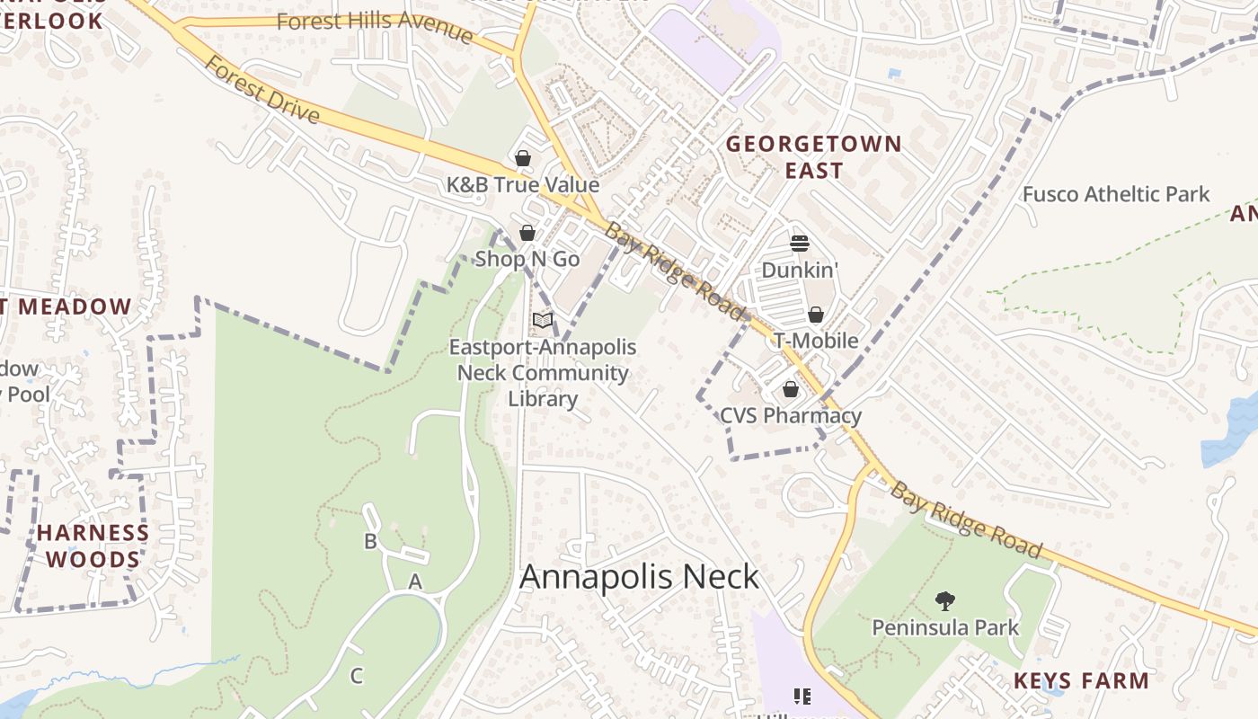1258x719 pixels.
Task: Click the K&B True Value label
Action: tap(523, 185)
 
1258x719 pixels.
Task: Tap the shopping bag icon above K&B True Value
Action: tap(523, 159)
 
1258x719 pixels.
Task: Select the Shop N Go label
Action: tap(527, 259)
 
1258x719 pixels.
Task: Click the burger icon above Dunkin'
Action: tap(800, 244)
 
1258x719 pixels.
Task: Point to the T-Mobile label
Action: tap(816, 341)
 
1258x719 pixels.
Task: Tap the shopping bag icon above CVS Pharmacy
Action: tap(791, 389)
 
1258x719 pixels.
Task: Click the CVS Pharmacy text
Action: tap(791, 415)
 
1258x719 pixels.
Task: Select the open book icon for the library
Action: tap(543, 321)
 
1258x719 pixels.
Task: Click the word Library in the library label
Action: tap(543, 398)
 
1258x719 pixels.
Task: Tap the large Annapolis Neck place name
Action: tap(640, 577)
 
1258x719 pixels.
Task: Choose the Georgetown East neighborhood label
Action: tap(813, 157)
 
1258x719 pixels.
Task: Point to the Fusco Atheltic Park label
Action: tap(1116, 194)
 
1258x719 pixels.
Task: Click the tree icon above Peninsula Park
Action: tap(944, 600)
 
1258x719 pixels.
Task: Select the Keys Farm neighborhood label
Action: tap(1081, 680)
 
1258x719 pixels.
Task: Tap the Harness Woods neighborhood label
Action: tap(93, 546)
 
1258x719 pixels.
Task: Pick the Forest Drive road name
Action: tap(261, 89)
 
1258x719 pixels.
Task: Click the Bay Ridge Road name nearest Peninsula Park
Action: tap(966, 520)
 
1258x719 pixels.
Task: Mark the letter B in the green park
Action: tap(370, 541)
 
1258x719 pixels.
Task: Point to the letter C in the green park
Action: tap(357, 676)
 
